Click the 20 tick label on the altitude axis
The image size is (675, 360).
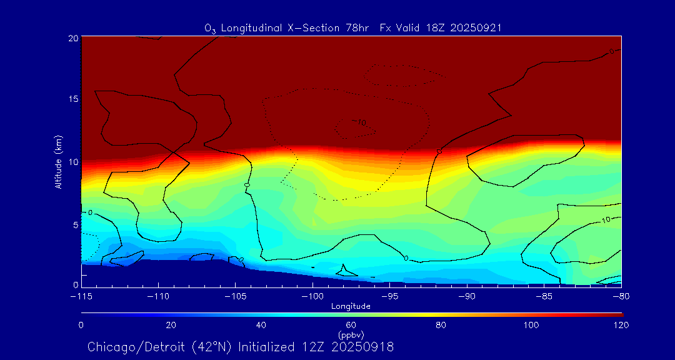pyautogui.click(x=72, y=38)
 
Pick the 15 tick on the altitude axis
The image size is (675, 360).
pyautogui.click(x=72, y=99)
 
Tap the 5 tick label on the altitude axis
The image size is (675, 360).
pyautogui.click(x=74, y=224)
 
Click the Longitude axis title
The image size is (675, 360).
pyautogui.click(x=351, y=306)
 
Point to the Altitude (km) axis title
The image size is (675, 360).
pyautogui.click(x=58, y=162)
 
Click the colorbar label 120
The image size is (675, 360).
pyautogui.click(x=621, y=325)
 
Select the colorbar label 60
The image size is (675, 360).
pyautogui.click(x=351, y=325)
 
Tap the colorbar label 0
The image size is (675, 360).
pyautogui.click(x=81, y=325)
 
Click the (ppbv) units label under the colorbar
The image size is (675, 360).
pyautogui.click(x=351, y=334)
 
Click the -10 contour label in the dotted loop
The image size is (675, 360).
pyautogui.click(x=359, y=122)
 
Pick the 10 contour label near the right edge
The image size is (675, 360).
pyautogui.click(x=606, y=220)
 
